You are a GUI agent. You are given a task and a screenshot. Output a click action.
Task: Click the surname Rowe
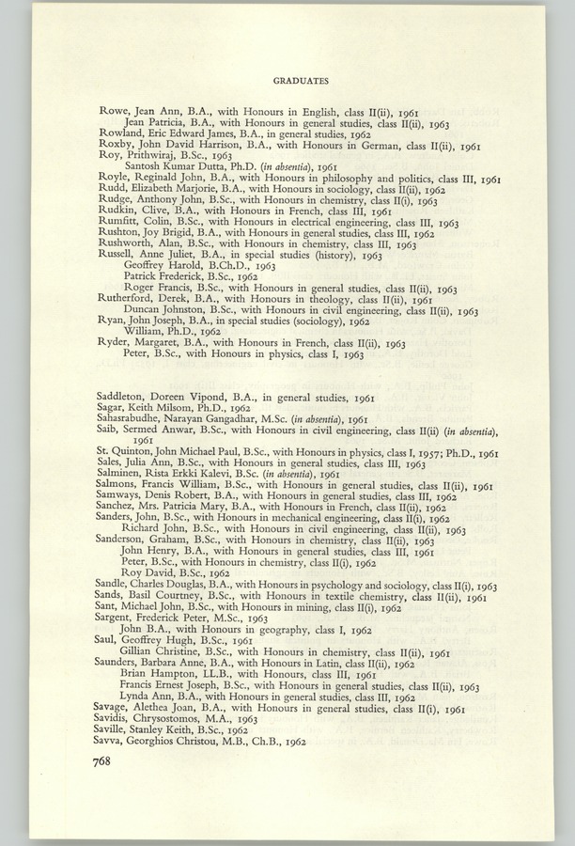[x=113, y=111]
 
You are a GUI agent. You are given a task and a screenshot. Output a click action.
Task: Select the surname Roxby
[x=115, y=147]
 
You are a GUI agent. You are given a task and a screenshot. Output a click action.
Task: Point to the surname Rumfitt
[x=117, y=223]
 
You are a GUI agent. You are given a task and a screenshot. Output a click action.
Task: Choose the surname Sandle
[x=116, y=586]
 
